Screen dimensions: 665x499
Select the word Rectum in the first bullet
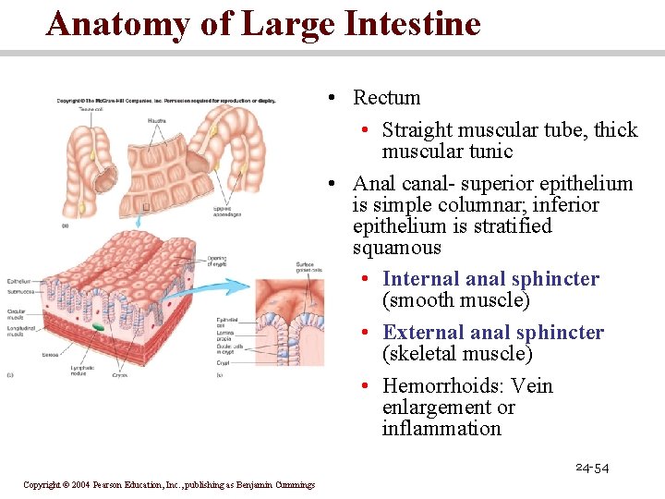point(386,98)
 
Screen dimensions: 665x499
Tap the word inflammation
point(441,429)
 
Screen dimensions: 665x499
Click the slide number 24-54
point(591,469)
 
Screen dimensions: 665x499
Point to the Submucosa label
point(21,291)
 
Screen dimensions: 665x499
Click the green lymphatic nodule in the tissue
point(97,327)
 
